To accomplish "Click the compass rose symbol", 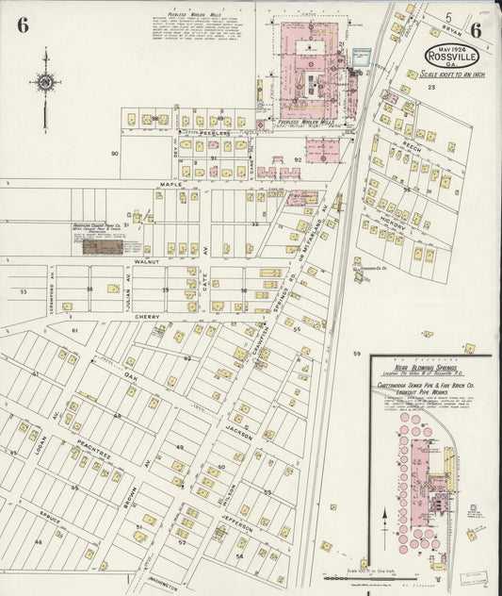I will point(44,83).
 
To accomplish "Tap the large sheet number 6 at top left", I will point(21,25).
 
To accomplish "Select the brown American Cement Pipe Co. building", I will point(102,246).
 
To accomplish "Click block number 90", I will point(115,153).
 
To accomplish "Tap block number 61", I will point(74,333).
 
